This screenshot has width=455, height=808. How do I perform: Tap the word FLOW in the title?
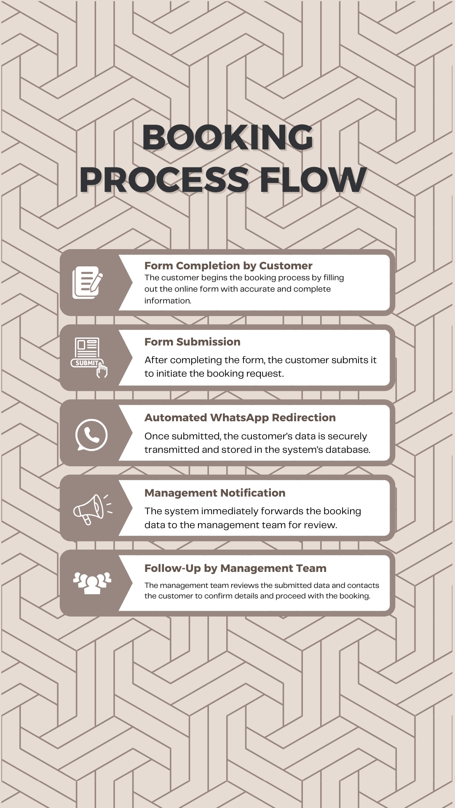click(313, 180)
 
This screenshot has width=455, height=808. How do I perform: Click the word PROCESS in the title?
click(164, 180)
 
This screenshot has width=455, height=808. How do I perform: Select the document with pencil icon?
click(88, 282)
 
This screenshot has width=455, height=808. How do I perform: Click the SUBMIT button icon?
click(89, 358)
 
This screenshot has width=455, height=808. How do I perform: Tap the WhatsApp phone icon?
click(91, 435)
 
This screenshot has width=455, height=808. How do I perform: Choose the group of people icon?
click(92, 583)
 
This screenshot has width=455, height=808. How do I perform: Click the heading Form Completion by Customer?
click(228, 266)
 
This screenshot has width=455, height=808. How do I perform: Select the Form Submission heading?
click(193, 342)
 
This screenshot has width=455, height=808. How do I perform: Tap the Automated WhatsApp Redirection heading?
click(240, 417)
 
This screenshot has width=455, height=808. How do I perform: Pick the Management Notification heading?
click(215, 493)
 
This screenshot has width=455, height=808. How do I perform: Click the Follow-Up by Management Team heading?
click(236, 568)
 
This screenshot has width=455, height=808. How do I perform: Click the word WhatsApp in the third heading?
click(239, 417)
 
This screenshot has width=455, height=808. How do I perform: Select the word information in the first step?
click(168, 300)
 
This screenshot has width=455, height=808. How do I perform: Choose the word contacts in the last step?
click(363, 585)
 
